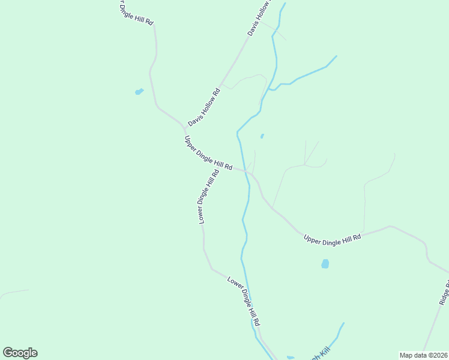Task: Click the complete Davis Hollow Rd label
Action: [x=204, y=107]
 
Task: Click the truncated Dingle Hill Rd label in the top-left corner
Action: [x=134, y=12]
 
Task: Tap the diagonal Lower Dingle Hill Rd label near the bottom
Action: [x=244, y=301]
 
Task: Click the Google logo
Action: [x=20, y=353]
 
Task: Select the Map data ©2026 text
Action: [x=423, y=355]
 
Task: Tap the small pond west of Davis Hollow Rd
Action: [x=139, y=92]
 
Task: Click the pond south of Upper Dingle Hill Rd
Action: [x=325, y=263]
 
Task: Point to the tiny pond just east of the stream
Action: [x=262, y=136]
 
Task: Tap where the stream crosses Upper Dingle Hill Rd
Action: [x=245, y=171]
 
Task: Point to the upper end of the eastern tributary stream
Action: [x=336, y=56]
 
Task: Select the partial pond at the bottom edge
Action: [x=291, y=358]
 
